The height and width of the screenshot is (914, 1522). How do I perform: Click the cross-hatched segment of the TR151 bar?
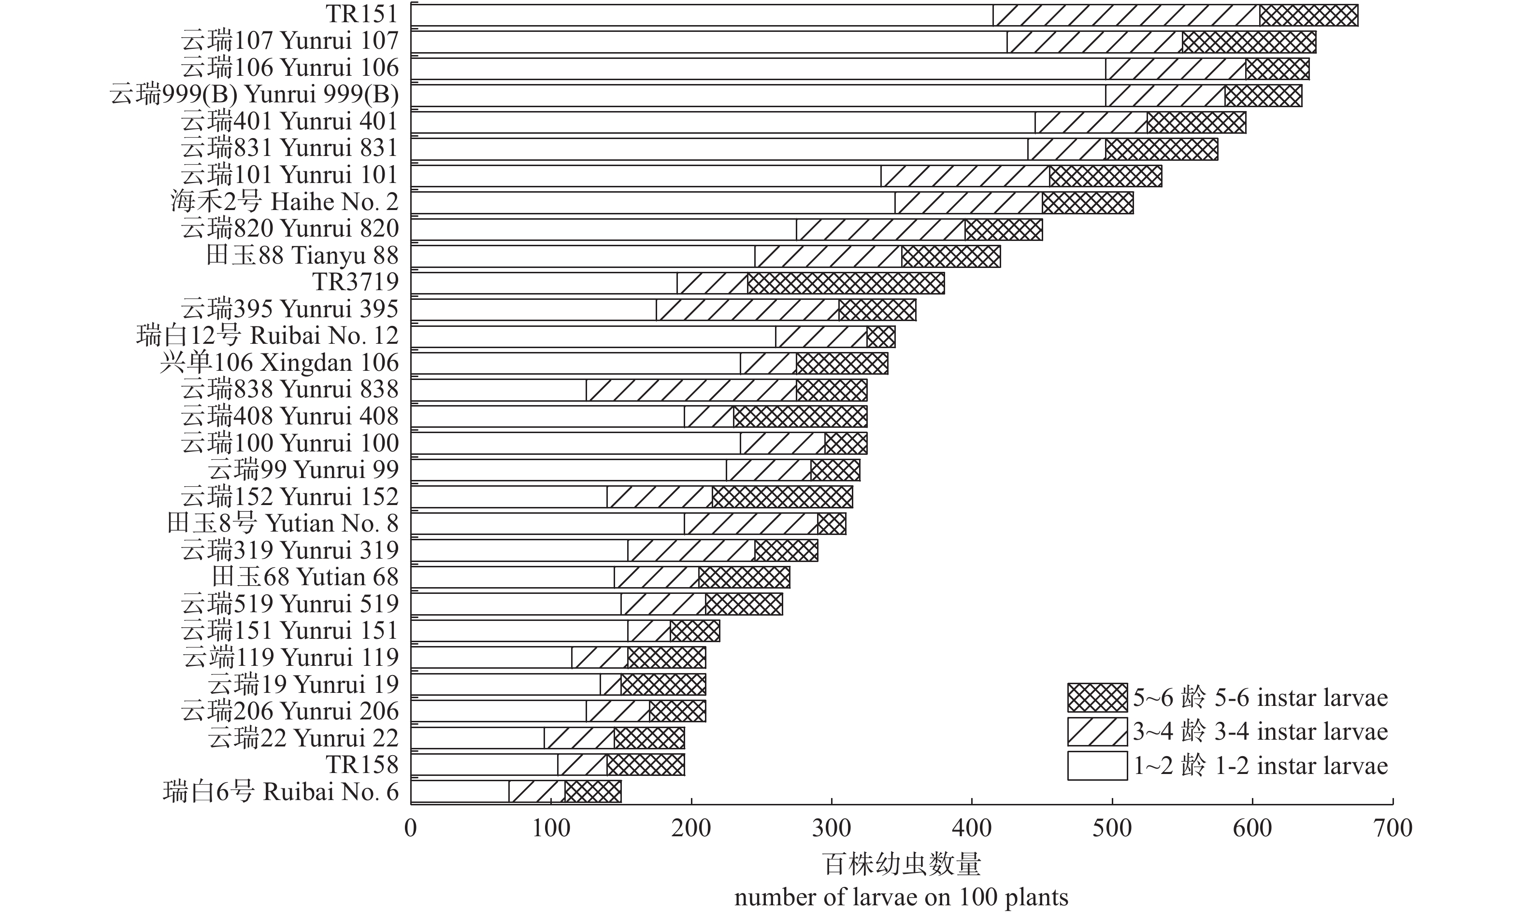pyautogui.click(x=1308, y=15)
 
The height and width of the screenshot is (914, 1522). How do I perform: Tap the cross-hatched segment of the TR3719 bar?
pyautogui.click(x=846, y=283)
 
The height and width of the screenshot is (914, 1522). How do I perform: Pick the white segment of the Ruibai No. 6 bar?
pyautogui.click(x=459, y=791)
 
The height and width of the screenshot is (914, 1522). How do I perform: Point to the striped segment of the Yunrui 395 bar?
pyautogui.click(x=747, y=310)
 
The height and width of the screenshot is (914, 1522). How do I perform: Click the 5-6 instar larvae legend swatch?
pyautogui.click(x=1097, y=698)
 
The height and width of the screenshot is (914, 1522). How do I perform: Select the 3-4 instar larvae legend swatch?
pyautogui.click(x=1097, y=731)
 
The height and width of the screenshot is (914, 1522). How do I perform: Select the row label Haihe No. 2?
pyautogui.click(x=284, y=202)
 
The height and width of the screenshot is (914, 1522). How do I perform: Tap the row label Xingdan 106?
pyautogui.click(x=279, y=363)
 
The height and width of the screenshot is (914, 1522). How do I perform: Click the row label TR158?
pyautogui.click(x=362, y=765)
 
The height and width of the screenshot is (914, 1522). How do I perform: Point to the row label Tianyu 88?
pyautogui.click(x=302, y=255)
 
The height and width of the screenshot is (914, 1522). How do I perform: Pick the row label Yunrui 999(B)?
pyautogui.click(x=254, y=95)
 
